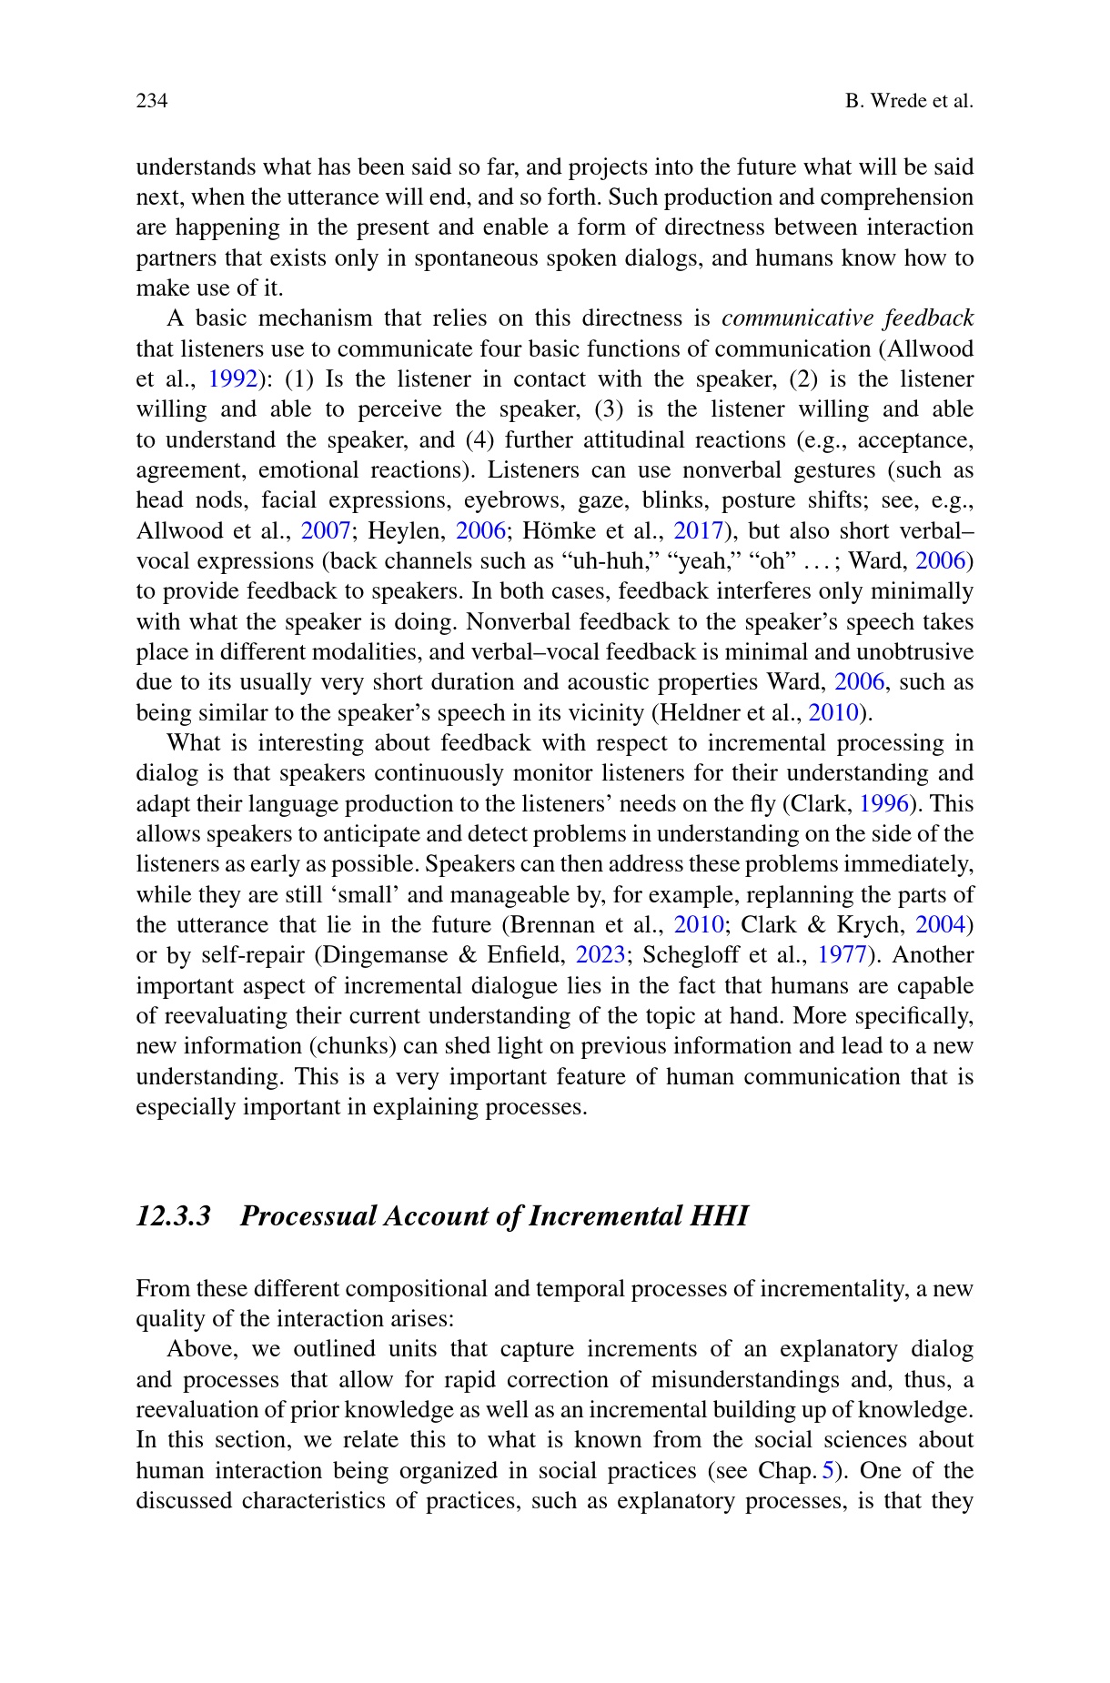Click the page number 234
tap(152, 101)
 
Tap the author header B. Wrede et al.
tap(909, 101)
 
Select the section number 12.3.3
tap(173, 1216)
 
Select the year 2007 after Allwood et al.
tap(326, 531)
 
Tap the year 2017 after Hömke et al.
tap(698, 531)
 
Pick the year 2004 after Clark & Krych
tap(940, 925)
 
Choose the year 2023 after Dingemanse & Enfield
tap(601, 955)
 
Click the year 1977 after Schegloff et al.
tap(842, 955)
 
